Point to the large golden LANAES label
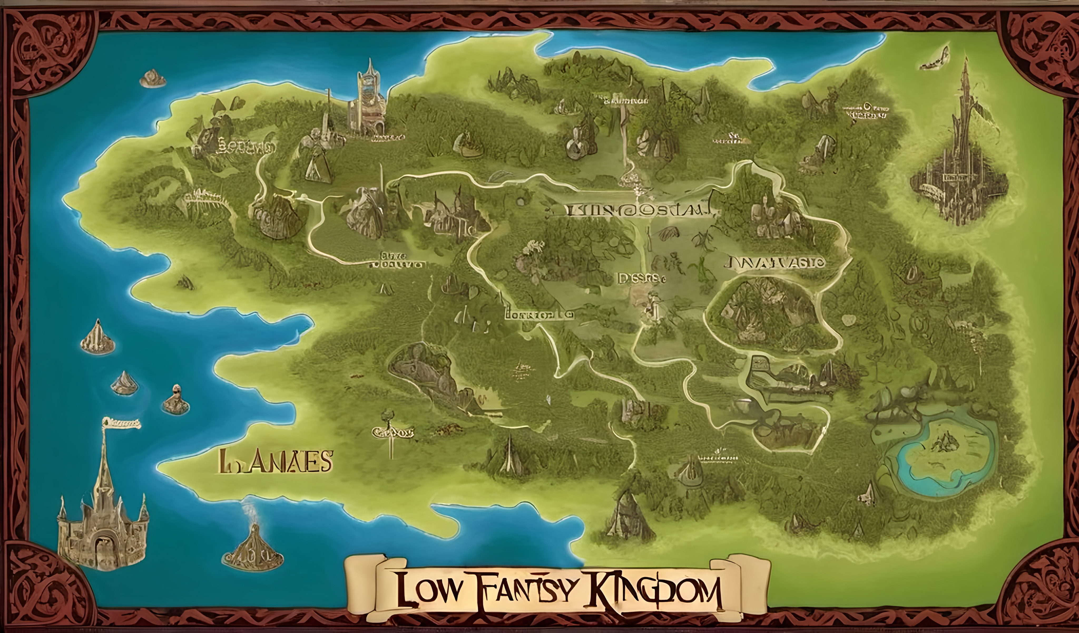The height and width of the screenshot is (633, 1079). coord(274,461)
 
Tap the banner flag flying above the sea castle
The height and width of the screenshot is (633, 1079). coord(122,423)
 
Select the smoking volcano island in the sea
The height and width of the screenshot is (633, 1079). coord(253,546)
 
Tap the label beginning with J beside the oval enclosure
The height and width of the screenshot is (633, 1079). coord(775,262)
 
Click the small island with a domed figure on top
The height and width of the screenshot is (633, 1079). coord(175,401)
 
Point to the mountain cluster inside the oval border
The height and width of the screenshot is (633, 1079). coord(766,311)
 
